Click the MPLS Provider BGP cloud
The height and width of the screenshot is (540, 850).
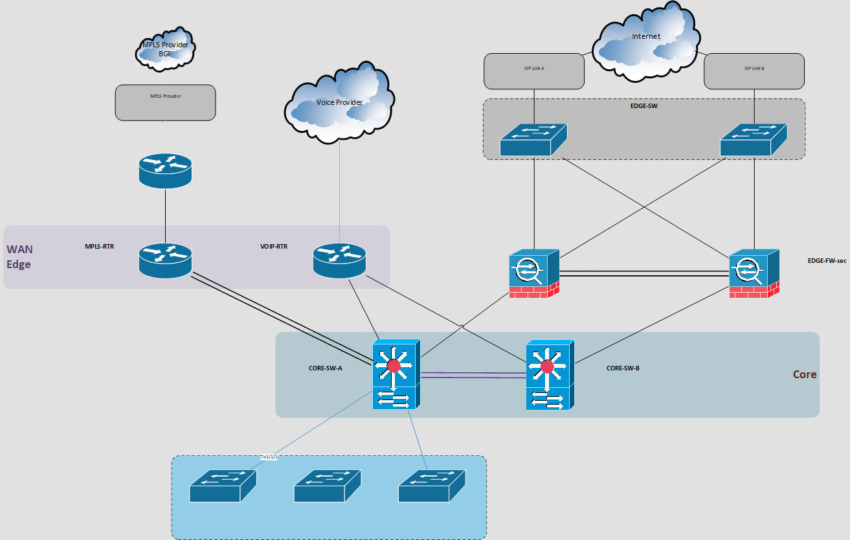(x=166, y=51)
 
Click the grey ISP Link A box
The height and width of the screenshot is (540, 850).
(x=534, y=71)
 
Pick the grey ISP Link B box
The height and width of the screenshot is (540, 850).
(x=754, y=71)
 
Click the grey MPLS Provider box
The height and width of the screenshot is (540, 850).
(x=165, y=102)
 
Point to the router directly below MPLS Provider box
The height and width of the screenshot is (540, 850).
(x=165, y=170)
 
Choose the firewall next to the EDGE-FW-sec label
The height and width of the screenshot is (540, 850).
(x=754, y=273)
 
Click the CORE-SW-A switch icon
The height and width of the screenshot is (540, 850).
(x=396, y=376)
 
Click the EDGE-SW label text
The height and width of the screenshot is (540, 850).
(x=644, y=106)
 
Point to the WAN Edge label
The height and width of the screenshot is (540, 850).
(x=19, y=256)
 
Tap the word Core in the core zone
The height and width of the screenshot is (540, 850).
(x=804, y=374)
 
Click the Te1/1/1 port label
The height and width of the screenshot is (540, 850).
(x=269, y=457)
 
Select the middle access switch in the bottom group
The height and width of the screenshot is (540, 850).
(x=327, y=486)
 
